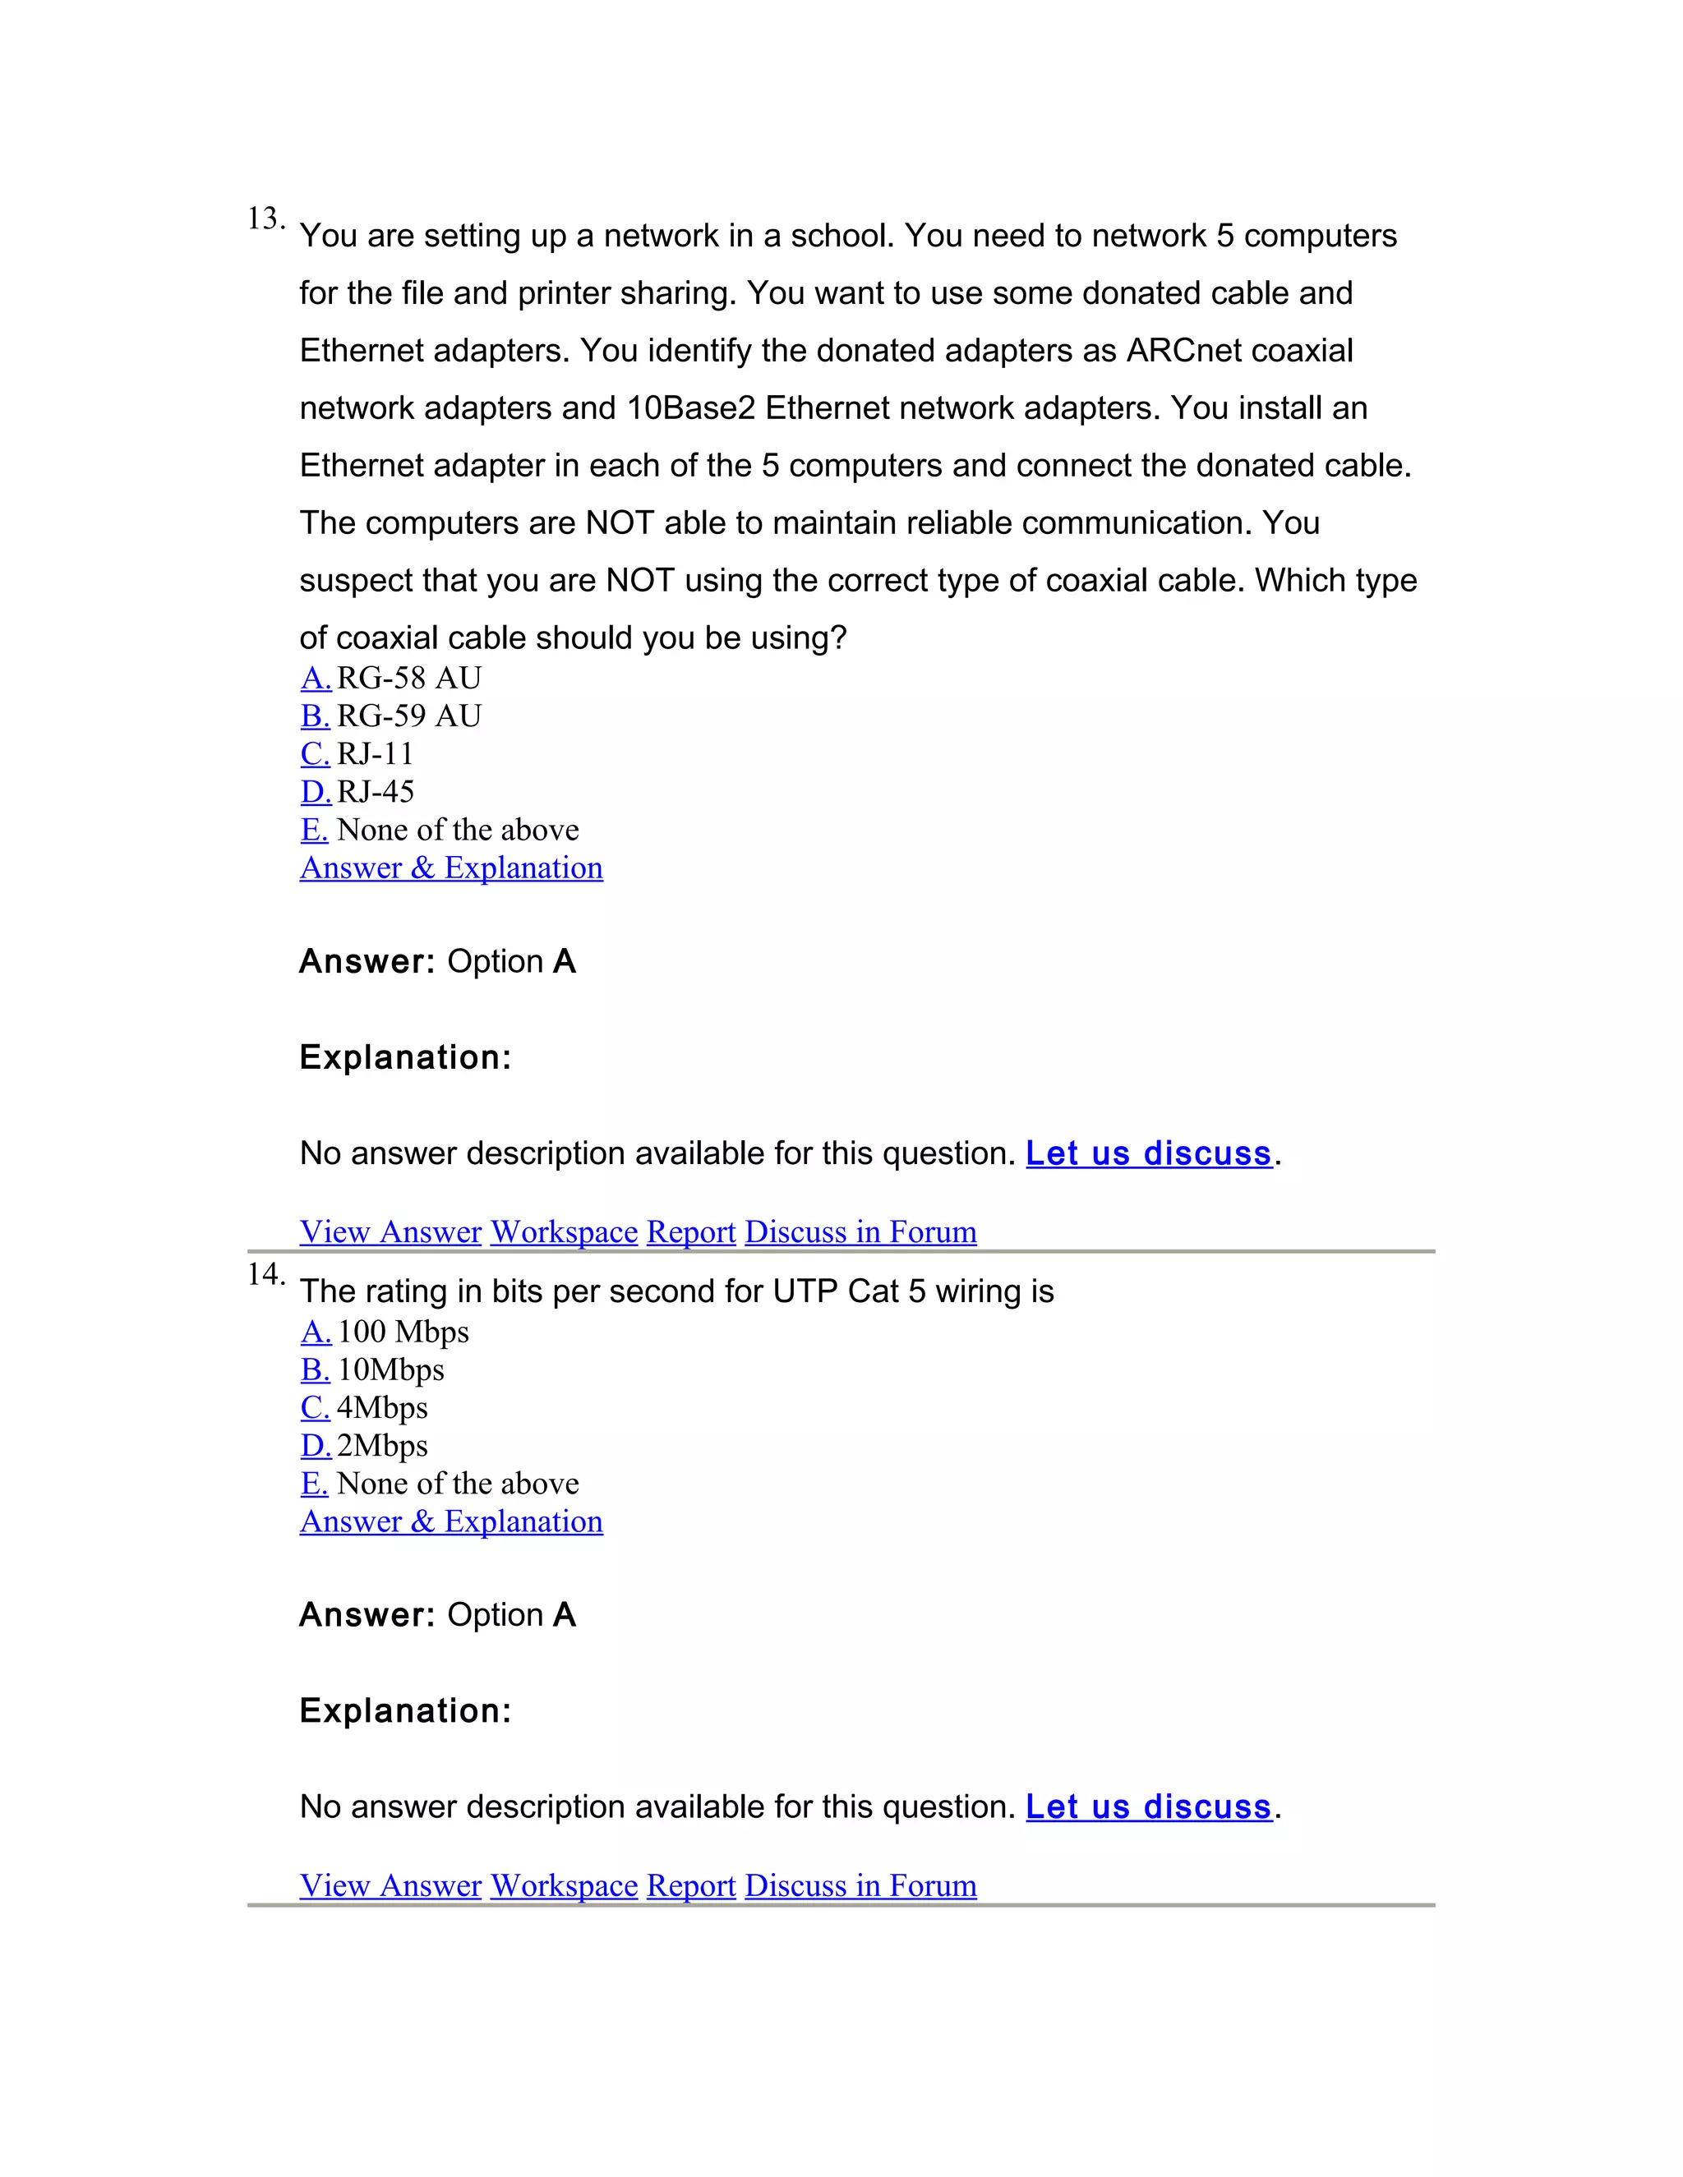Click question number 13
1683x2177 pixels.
[265, 219]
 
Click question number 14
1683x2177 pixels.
[265, 1274]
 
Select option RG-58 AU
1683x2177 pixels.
[408, 679]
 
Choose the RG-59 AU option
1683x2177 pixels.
[408, 716]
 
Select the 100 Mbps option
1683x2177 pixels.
[403, 1332]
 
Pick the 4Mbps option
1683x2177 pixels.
[382, 1407]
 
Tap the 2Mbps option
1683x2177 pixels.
[382, 1445]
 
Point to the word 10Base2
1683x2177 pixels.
[691, 408]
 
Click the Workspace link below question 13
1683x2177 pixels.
[563, 1232]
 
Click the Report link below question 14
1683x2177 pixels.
[691, 1886]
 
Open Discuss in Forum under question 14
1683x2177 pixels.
[860, 1886]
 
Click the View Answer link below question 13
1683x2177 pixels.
[390, 1232]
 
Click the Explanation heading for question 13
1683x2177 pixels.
[405, 1057]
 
